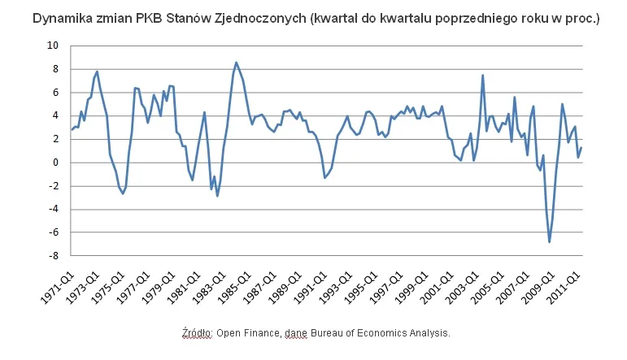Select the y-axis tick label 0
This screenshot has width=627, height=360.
[55, 163]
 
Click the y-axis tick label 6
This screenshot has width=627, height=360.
[55, 93]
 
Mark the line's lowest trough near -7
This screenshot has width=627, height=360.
[549, 241]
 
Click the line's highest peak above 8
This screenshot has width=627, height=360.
[236, 63]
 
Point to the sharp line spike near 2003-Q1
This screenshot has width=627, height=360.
[483, 76]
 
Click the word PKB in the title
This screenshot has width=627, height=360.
[155, 17]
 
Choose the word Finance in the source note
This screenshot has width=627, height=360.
[262, 333]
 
